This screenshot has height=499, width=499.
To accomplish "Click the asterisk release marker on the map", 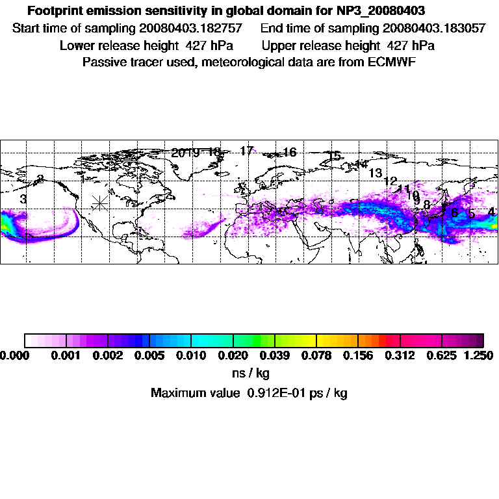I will tap(99, 203).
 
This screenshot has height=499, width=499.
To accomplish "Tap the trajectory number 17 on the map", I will tap(246, 151).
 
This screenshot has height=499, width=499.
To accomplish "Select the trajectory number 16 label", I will tap(290, 152).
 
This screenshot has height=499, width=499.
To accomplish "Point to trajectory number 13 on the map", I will tap(375, 173).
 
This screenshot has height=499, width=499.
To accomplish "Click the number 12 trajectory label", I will tap(390, 181).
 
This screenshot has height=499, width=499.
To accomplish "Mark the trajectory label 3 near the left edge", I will tap(23, 199).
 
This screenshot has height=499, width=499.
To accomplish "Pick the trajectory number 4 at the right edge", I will tap(491, 212).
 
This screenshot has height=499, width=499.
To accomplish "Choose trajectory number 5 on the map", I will tap(472, 214).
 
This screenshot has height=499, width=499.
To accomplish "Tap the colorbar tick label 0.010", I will tap(191, 355).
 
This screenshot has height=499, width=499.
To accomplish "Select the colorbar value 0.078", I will tap(316, 355).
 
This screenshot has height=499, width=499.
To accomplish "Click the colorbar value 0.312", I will tap(400, 355).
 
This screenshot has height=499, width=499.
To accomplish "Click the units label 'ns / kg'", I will tap(251, 374).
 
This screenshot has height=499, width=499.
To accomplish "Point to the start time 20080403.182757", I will tap(196, 29).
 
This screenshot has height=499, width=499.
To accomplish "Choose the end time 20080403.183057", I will tap(434, 29).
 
